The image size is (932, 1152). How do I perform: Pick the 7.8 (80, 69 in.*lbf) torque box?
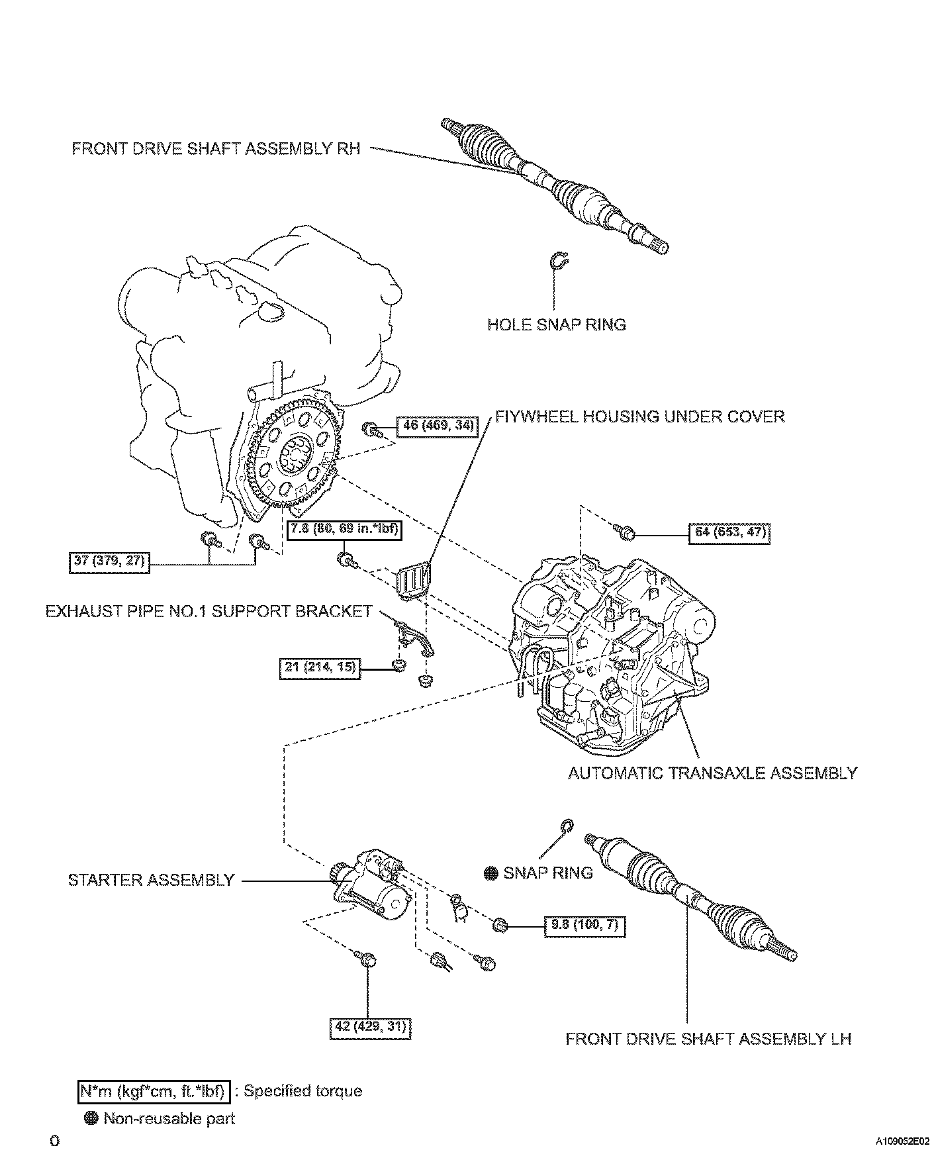(343, 530)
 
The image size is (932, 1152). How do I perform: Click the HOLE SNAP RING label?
(557, 324)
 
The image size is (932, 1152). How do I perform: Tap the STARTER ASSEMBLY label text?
(152, 880)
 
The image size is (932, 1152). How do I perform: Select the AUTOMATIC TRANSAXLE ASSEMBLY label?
(712, 773)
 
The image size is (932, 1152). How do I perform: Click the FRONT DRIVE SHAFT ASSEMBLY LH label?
(708, 1039)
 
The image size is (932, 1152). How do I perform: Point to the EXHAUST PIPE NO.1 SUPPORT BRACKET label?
(209, 611)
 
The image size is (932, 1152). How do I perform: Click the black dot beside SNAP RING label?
(490, 873)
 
